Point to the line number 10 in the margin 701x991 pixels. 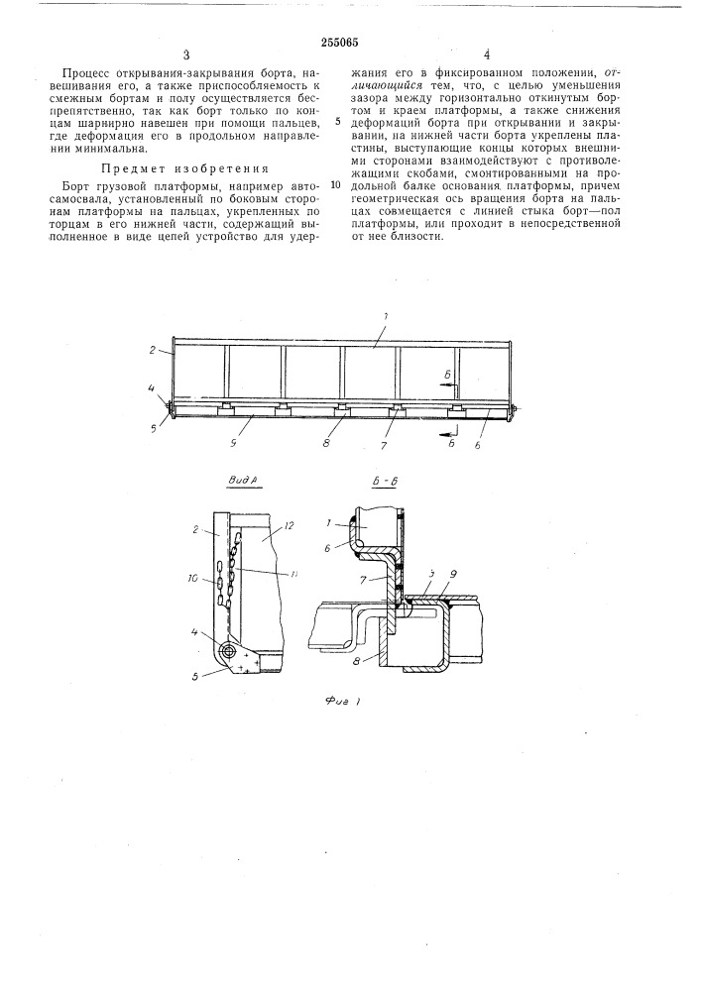[x=336, y=184]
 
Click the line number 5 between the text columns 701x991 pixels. [x=338, y=123]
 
